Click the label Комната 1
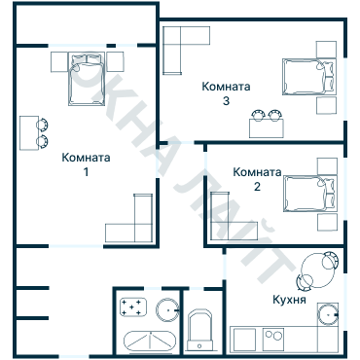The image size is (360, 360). [86, 164]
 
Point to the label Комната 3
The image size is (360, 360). [226, 92]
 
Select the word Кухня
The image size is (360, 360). [290, 301]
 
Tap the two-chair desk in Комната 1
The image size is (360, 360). [40, 130]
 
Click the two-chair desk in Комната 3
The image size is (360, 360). [265, 122]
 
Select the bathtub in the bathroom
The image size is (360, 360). [150, 342]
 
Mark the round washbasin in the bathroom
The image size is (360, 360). [168, 310]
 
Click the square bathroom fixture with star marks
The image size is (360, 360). [132, 310]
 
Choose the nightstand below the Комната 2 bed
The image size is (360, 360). [323, 222]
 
